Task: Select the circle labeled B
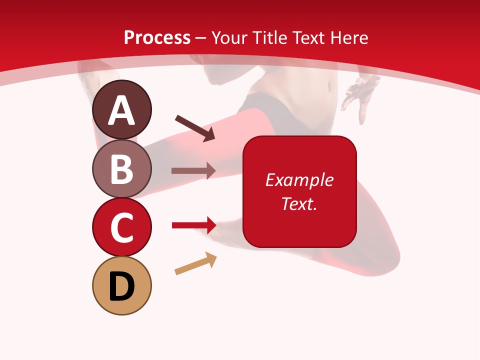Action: click(x=121, y=168)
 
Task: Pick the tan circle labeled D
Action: click(x=121, y=285)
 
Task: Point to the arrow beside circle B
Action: click(x=193, y=170)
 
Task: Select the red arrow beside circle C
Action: click(x=194, y=225)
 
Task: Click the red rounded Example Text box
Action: click(x=299, y=191)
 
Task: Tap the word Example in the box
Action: click(x=299, y=180)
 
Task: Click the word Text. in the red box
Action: click(x=299, y=203)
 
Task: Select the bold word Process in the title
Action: click(x=157, y=37)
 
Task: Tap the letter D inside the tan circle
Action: click(x=121, y=287)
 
